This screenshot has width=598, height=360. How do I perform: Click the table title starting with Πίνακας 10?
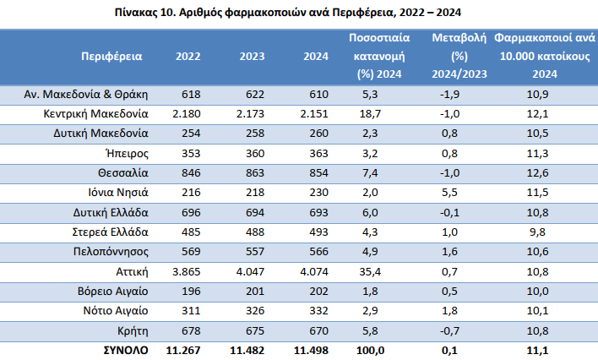click(x=288, y=13)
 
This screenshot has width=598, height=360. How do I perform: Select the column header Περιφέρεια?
click(x=111, y=57)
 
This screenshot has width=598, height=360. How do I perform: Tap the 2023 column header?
click(x=252, y=56)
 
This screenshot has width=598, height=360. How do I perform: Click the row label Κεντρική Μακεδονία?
click(x=95, y=114)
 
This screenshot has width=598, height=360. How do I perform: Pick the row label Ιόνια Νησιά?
click(x=118, y=192)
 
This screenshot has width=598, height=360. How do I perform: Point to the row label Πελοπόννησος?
click(x=111, y=252)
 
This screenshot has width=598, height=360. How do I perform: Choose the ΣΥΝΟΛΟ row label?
click(x=126, y=350)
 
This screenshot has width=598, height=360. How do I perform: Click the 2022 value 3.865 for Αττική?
click(x=187, y=272)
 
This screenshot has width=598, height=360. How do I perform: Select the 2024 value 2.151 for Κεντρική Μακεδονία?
click(x=314, y=114)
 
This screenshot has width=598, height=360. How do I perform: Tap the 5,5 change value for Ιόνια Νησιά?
click(x=449, y=192)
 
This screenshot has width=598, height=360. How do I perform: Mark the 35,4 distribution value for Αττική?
click(x=370, y=272)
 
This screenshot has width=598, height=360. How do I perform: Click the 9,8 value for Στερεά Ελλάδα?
click(x=537, y=232)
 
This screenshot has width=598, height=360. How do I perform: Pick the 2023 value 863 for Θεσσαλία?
click(x=255, y=173)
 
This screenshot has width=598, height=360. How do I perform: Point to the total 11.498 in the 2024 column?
click(x=311, y=350)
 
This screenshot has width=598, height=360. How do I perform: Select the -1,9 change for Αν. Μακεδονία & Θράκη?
click(x=449, y=95)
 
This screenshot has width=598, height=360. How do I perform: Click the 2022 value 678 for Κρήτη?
click(x=191, y=330)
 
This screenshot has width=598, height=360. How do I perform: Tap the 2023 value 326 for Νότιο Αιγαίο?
click(x=255, y=310)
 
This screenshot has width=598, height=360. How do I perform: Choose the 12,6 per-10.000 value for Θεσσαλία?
click(x=537, y=173)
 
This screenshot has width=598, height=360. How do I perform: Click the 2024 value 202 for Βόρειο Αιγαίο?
click(x=318, y=292)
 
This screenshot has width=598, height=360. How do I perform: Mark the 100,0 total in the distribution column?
click(x=370, y=350)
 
